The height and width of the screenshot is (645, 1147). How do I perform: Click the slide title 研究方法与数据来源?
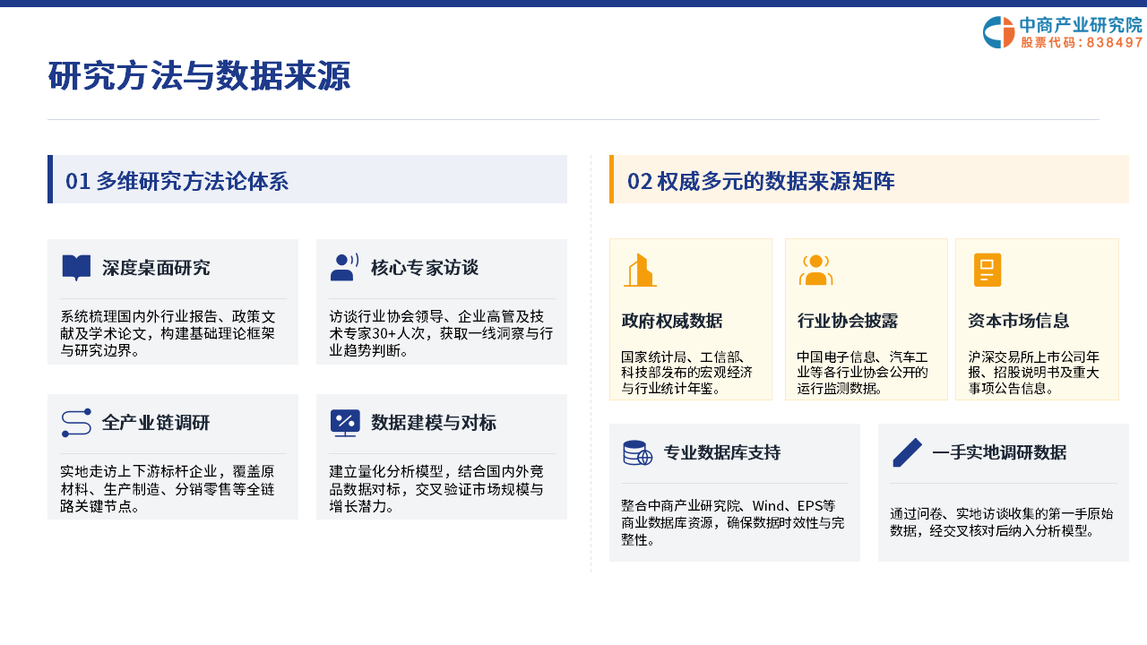199,76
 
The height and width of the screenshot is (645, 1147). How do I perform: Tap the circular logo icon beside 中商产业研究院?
998,32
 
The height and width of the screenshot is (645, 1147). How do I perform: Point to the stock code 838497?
1114,42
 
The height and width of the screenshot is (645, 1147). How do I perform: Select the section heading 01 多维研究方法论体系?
177,181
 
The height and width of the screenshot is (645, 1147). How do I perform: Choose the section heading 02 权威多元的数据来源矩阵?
761,181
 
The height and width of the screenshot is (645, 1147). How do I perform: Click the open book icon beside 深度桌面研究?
76,268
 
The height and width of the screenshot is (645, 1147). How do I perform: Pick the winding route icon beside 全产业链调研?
76,423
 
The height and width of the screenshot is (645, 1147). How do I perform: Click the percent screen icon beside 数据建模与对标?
345,423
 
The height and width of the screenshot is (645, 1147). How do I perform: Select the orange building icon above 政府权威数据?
640,271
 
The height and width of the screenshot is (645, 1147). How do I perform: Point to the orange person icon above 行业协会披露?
815,270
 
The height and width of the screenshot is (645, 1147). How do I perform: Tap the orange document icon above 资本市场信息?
987,270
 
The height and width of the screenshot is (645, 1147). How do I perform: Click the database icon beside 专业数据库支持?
637,452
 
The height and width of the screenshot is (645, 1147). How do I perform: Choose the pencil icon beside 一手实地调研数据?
907,452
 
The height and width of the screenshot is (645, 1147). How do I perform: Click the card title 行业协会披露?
848,321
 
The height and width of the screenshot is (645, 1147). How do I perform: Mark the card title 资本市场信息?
1019,321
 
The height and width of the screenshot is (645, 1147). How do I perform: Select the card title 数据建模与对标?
434,423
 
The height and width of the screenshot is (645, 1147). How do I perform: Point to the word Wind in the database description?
769,506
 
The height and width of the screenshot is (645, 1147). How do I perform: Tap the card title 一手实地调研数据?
999,452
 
